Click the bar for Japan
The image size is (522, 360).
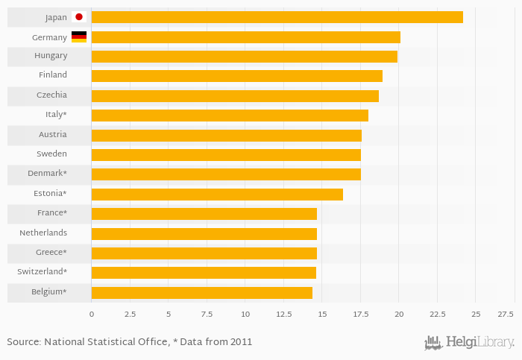click(277, 17)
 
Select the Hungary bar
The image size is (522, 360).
click(244, 57)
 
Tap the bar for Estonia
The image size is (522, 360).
click(217, 195)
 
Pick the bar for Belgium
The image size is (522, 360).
click(201, 293)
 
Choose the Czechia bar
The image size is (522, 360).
click(235, 96)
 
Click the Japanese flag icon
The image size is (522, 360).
click(79, 17)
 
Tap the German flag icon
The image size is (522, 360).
click(79, 37)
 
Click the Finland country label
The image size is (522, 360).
click(53, 75)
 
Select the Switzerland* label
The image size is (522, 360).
click(42, 272)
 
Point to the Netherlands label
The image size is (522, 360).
click(43, 233)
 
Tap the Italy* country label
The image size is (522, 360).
click(56, 115)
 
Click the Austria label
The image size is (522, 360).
click(52, 135)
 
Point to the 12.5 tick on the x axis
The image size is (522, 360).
click(283, 315)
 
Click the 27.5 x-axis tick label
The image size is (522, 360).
click(506, 315)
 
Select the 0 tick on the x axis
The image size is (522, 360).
click(92, 315)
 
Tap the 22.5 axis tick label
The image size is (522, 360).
click(437, 315)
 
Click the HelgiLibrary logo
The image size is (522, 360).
click(470, 343)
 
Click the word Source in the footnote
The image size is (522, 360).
click(23, 342)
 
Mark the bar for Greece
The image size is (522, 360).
click(204, 253)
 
